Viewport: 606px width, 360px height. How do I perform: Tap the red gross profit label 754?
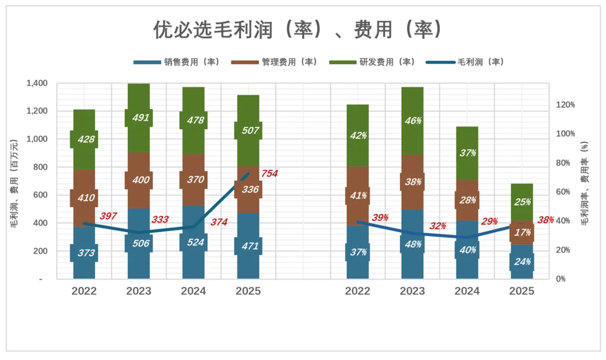tap(269, 174)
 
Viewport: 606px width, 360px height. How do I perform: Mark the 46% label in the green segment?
tap(412, 121)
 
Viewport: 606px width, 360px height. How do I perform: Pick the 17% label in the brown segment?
tap(521, 232)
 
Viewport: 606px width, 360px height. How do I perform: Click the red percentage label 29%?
tap(489, 222)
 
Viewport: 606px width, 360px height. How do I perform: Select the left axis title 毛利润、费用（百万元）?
tap(14, 182)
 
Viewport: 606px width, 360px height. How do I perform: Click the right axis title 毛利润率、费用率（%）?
tap(585, 182)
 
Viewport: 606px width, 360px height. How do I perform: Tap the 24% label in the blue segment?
tap(521, 262)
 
